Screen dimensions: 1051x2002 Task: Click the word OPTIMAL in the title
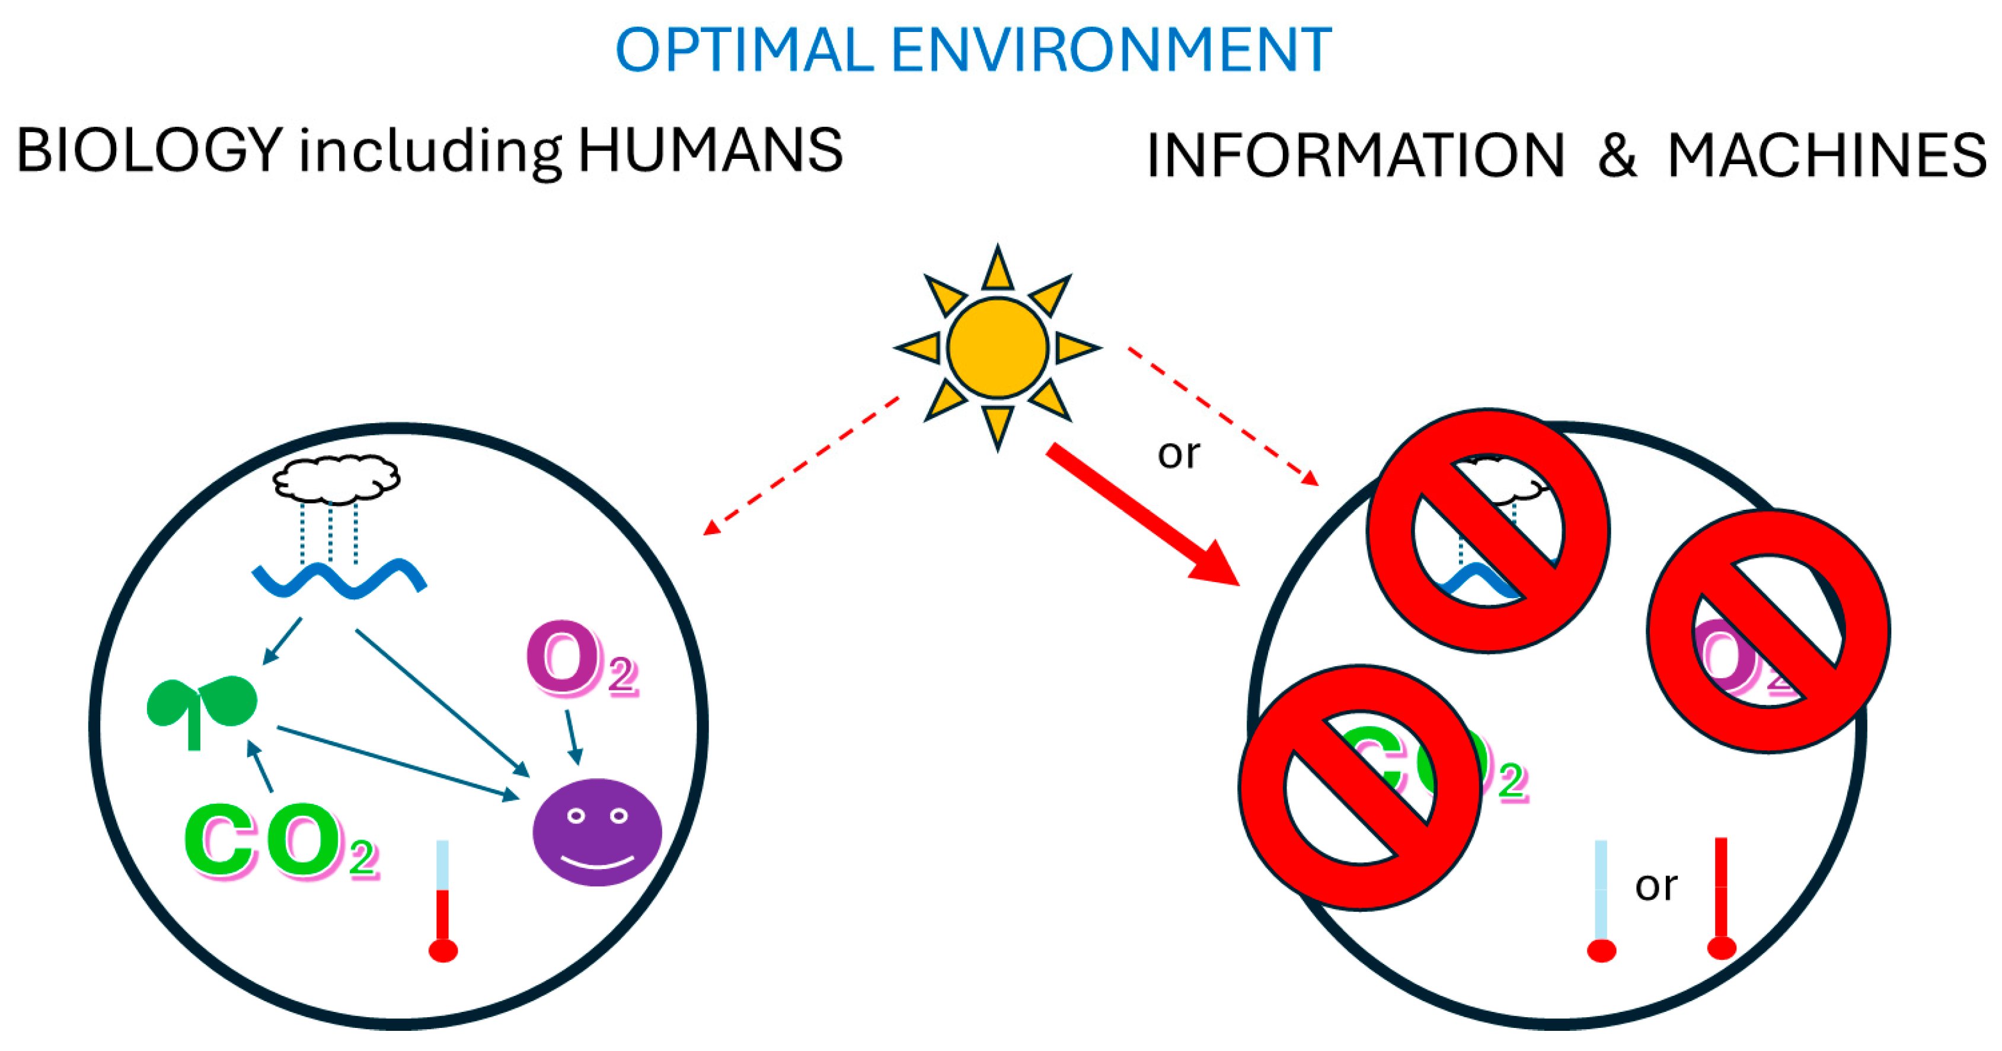click(745, 50)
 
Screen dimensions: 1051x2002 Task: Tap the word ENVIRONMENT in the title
click(1112, 50)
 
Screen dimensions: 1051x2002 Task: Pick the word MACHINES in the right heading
click(1827, 155)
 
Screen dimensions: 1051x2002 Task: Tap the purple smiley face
click(597, 832)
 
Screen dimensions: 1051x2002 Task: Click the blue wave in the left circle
click(339, 579)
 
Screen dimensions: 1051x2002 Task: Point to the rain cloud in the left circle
click(336, 478)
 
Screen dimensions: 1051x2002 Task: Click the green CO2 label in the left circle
click(280, 841)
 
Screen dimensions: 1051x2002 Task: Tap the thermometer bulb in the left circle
click(443, 950)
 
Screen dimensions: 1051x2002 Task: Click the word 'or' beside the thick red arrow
click(1178, 454)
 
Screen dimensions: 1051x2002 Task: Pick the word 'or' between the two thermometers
click(1655, 886)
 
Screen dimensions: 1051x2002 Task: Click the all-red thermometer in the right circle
click(1722, 898)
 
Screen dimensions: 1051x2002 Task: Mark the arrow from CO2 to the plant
click(260, 766)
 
